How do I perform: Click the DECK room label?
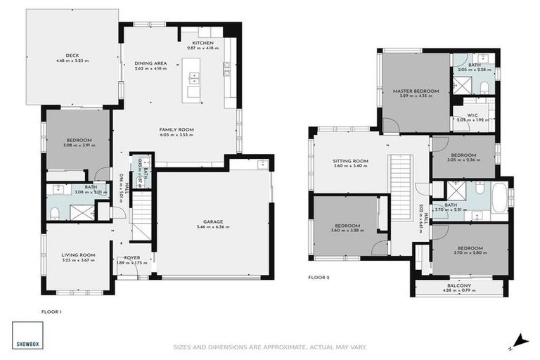(x=72, y=55)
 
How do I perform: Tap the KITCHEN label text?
(x=203, y=43)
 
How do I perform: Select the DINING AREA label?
(x=150, y=63)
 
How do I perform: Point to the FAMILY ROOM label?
(x=176, y=129)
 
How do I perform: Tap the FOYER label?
(x=132, y=257)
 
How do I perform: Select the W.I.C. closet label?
(x=472, y=115)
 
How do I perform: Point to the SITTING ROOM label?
(x=350, y=161)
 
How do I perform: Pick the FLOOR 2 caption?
(x=319, y=277)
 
